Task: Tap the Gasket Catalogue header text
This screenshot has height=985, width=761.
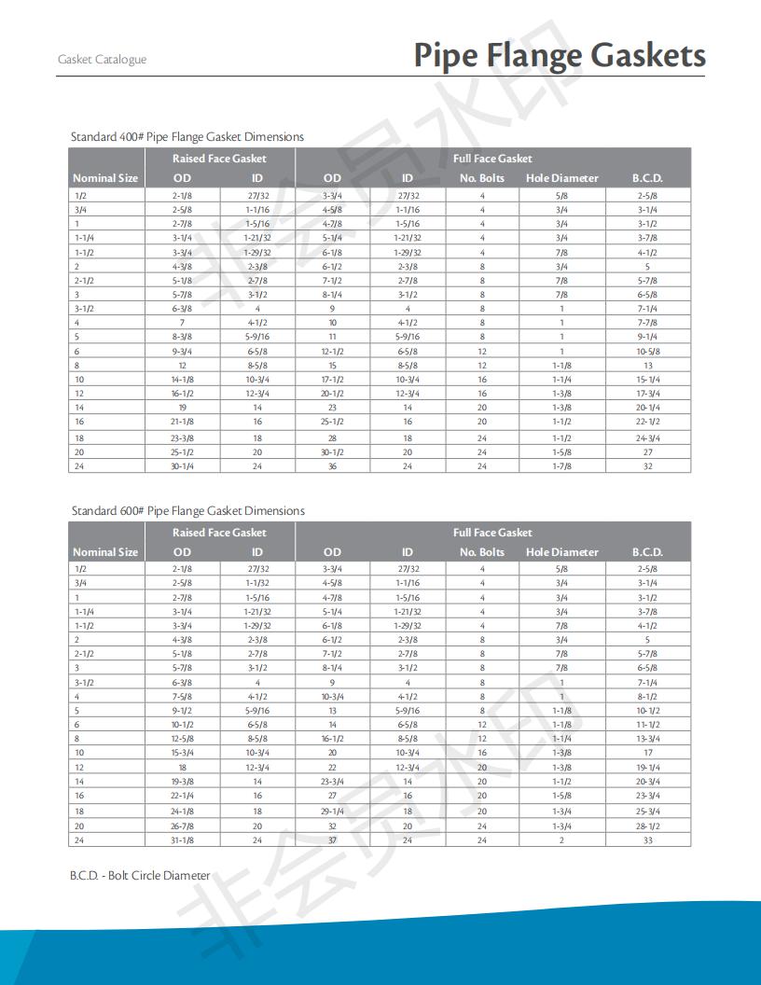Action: tap(102, 60)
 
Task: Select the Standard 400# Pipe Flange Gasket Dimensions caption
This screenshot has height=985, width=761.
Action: tap(187, 137)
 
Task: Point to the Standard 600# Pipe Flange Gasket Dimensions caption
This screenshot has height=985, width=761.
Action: tap(188, 511)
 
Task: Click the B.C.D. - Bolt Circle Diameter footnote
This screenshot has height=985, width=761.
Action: tap(141, 876)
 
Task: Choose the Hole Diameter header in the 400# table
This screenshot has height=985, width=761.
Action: tap(561, 178)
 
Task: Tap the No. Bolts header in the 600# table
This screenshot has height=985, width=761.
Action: tap(482, 552)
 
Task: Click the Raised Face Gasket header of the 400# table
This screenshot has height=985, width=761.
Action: tap(219, 159)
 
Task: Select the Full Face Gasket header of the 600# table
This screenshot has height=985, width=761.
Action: tap(492, 533)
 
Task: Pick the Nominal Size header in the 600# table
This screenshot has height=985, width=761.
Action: tap(105, 552)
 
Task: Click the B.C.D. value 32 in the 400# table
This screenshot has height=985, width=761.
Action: tap(647, 466)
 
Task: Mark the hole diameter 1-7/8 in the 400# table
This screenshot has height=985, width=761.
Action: tap(561, 466)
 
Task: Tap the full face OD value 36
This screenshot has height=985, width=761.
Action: tap(332, 466)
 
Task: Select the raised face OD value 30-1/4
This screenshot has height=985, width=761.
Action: tap(183, 466)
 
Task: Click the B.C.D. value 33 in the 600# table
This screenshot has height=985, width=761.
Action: tap(647, 840)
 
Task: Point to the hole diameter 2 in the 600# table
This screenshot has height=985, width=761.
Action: tap(561, 840)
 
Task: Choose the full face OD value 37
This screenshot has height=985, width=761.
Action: tap(332, 840)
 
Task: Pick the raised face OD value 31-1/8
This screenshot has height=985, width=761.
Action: tap(183, 840)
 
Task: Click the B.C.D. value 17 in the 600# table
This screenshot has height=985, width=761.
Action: tap(647, 753)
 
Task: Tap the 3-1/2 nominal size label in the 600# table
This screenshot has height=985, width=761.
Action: tap(84, 683)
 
